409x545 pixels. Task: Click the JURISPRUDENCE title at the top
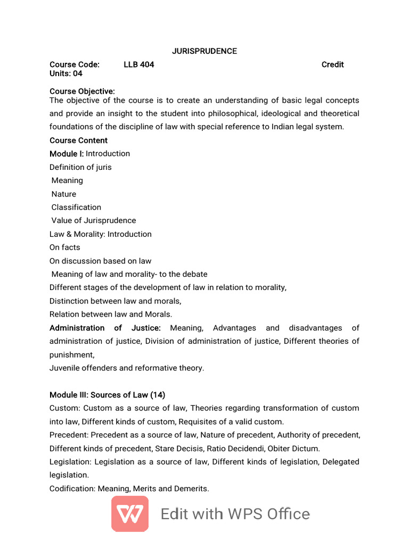[x=204, y=51]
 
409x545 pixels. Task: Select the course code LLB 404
[x=138, y=64]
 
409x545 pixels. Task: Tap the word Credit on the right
[x=332, y=64]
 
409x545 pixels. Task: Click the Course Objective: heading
[x=82, y=92]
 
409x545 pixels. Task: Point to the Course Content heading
[x=78, y=141]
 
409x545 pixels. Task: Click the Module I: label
[x=67, y=154]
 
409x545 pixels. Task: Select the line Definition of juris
[x=80, y=167]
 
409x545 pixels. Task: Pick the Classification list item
[x=76, y=208]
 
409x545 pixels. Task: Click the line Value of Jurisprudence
[x=94, y=221]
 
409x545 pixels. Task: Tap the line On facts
[x=64, y=247]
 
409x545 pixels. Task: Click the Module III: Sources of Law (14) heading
[x=107, y=395]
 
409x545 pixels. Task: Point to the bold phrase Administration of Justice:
[x=105, y=328]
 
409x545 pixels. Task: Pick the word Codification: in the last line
[x=72, y=489]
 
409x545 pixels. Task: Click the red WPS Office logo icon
[x=130, y=514]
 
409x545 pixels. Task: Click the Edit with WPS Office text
[x=235, y=514]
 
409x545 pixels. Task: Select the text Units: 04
[x=66, y=74]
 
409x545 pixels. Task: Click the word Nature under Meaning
[x=64, y=194]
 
